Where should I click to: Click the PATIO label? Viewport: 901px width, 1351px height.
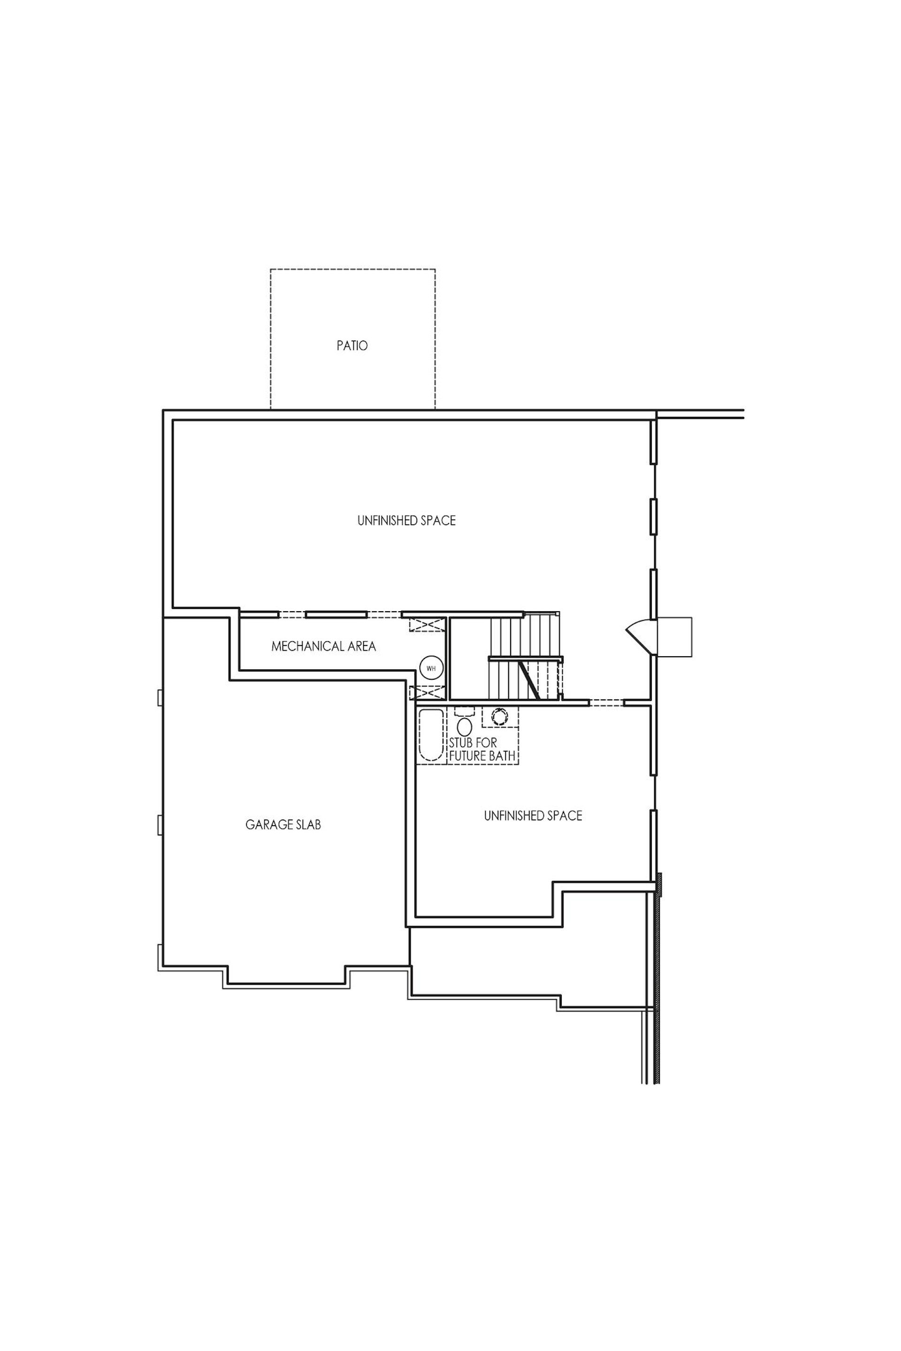(352, 346)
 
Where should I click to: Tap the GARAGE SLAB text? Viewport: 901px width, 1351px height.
(283, 825)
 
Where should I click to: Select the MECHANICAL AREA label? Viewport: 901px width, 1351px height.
(323, 646)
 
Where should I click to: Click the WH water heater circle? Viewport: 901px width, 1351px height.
(431, 668)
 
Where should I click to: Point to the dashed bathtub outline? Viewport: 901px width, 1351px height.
(431, 735)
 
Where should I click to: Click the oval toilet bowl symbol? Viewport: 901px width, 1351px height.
(464, 727)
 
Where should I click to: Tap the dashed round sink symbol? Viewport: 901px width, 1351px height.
(499, 716)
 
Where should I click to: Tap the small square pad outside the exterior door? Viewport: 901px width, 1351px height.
(674, 637)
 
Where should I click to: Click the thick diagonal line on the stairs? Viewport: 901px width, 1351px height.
(529, 680)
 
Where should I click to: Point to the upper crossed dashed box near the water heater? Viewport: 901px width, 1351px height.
(427, 624)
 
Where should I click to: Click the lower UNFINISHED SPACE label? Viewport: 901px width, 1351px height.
(533, 816)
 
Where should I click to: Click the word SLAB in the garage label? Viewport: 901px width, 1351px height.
(309, 825)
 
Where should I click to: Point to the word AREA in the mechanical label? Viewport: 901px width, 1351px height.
(363, 646)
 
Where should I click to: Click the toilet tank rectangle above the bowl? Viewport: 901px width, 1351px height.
(464, 711)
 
